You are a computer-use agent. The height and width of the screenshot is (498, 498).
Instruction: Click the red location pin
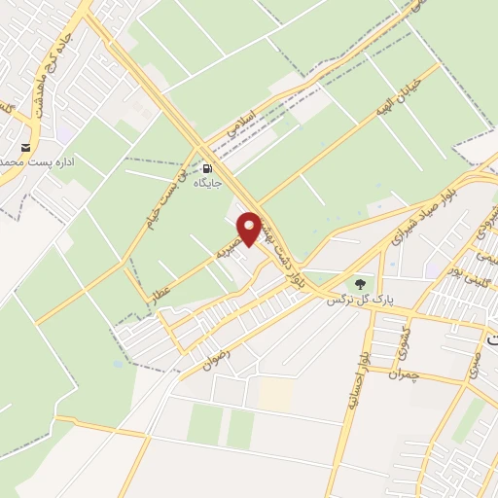[x=250, y=228]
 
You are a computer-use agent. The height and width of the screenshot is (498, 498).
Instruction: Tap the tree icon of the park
[x=361, y=285]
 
